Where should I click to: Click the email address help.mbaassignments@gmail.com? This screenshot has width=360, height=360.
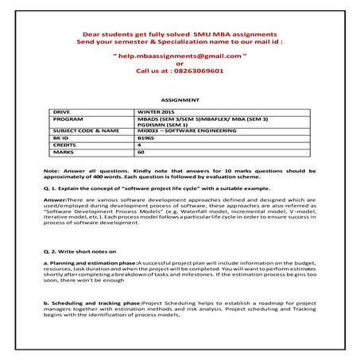(179, 58)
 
